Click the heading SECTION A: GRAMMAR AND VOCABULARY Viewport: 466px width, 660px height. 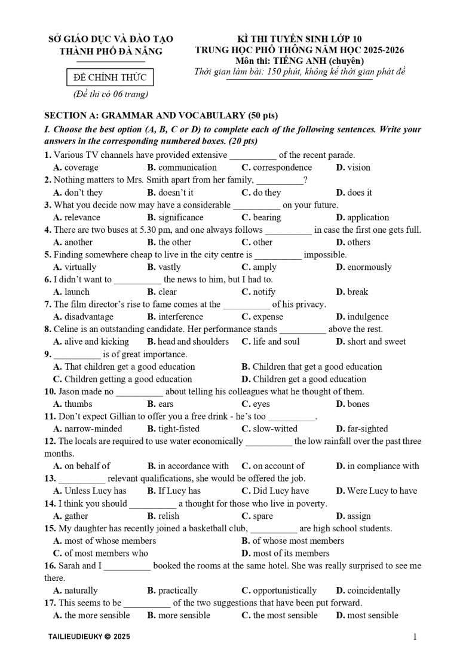click(x=161, y=115)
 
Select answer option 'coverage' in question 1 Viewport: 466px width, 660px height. click(x=81, y=168)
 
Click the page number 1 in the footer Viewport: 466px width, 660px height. click(x=415, y=637)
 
